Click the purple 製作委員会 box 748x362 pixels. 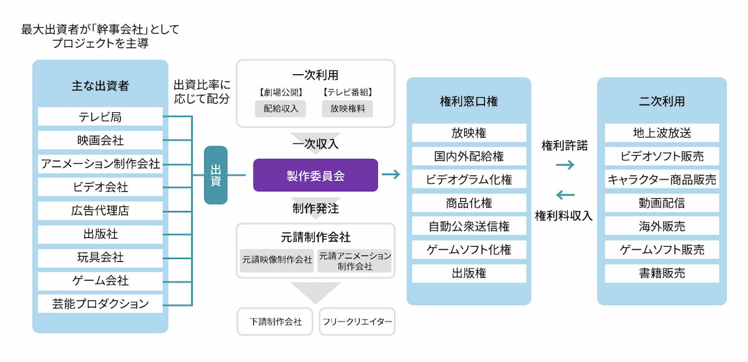tap(315, 175)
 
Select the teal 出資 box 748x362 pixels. tap(216, 175)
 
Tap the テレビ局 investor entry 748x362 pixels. tap(100, 117)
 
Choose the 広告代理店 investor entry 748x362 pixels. tap(100, 211)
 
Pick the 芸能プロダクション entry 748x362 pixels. tap(100, 304)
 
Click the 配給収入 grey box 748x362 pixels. tap(277, 108)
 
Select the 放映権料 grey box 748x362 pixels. tap(347, 108)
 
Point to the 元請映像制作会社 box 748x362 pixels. tap(277, 260)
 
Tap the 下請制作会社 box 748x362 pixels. tap(276, 322)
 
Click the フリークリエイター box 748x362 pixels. tap(357, 322)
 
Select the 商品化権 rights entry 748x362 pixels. tap(469, 203)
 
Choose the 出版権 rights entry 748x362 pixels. tap(469, 273)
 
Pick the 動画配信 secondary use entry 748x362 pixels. tap(661, 203)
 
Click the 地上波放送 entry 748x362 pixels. tap(661, 133)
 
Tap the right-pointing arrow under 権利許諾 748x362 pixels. tap(565, 165)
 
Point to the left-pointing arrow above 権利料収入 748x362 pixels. tap(565, 195)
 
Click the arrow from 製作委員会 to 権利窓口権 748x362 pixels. tap(391, 174)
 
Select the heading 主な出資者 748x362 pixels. tap(100, 86)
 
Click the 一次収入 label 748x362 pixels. tap(315, 144)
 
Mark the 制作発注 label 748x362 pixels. tap(315, 207)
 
